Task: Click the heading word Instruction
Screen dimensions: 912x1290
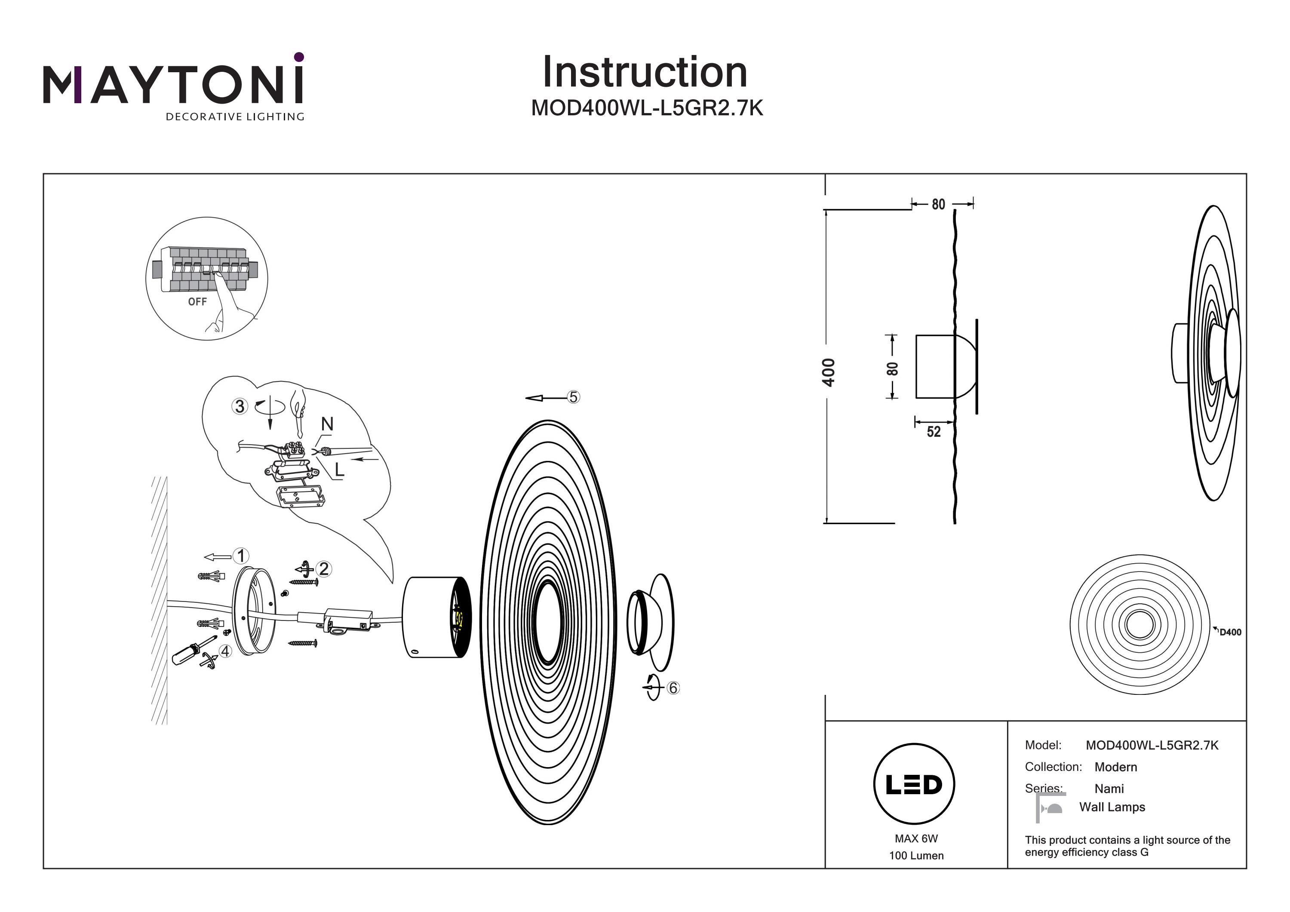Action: [x=645, y=73]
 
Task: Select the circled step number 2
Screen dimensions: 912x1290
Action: [x=324, y=569]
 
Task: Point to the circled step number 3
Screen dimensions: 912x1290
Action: [x=240, y=406]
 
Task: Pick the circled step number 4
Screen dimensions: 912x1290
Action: [x=225, y=651]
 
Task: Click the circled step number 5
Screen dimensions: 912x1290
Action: [x=573, y=397]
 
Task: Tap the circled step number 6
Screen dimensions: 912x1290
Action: [x=673, y=688]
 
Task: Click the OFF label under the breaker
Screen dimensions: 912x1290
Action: [x=197, y=302]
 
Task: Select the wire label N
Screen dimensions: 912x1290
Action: [x=327, y=424]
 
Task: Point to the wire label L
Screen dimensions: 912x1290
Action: [x=339, y=470]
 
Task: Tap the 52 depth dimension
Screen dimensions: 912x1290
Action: [x=933, y=432]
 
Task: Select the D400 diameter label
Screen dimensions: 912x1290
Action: [x=1230, y=632]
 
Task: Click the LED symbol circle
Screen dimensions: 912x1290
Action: [x=914, y=784]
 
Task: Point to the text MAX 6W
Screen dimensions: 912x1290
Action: [x=916, y=838]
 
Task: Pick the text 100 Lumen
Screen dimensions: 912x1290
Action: [x=916, y=856]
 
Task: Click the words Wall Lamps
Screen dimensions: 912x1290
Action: [x=1112, y=807]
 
